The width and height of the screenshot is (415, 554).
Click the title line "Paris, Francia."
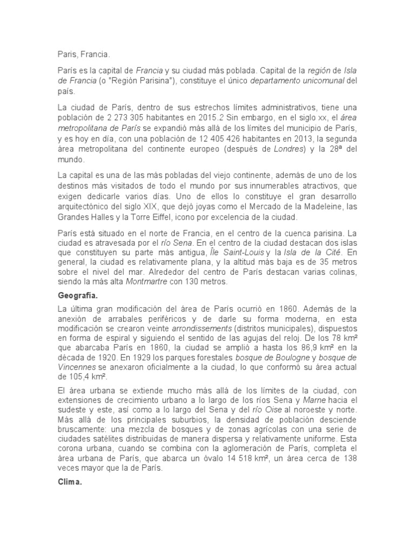pos(83,54)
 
